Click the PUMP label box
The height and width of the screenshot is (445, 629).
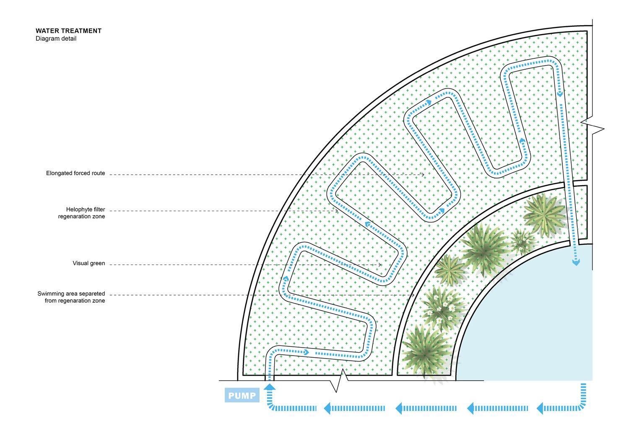pyautogui.click(x=242, y=395)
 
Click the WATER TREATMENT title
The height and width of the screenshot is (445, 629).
pyautogui.click(x=68, y=31)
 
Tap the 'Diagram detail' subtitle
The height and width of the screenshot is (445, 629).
pyautogui.click(x=56, y=39)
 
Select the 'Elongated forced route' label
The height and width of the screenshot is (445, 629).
pyautogui.click(x=75, y=173)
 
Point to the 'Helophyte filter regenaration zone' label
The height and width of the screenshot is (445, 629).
pyautogui.click(x=81, y=213)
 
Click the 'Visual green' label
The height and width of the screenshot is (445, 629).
pyautogui.click(x=89, y=263)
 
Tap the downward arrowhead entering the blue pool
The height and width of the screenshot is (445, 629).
pyautogui.click(x=576, y=262)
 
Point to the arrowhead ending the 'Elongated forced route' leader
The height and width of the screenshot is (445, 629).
pyautogui.click(x=423, y=174)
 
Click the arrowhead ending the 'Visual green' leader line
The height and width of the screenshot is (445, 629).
pyautogui.click(x=380, y=265)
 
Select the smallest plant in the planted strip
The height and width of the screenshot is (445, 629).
pyautogui.click(x=521, y=242)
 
